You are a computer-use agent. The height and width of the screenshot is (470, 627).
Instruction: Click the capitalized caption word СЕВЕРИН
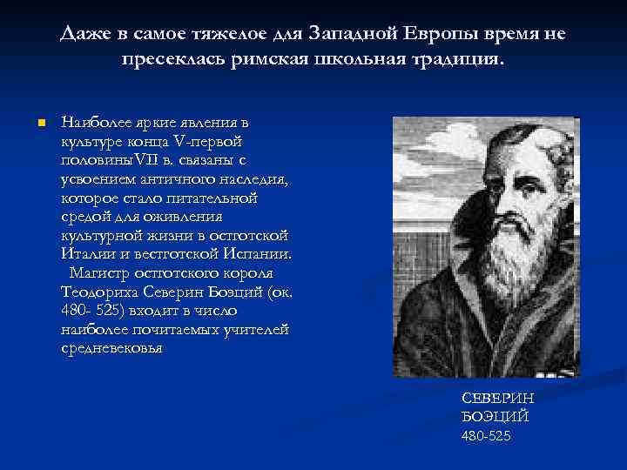point(498,398)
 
